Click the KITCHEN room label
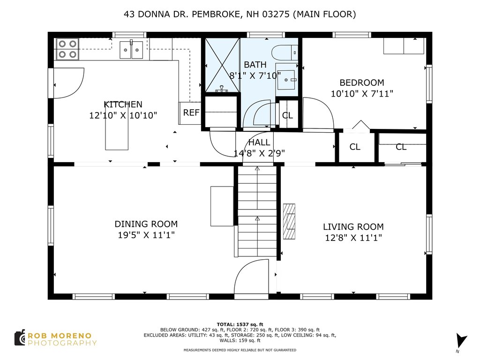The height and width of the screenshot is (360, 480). (123, 105)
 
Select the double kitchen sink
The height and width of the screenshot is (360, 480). (131, 50)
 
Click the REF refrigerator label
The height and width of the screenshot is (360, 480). (191, 112)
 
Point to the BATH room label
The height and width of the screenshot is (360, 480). (255, 65)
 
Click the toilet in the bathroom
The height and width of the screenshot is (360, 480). (285, 52)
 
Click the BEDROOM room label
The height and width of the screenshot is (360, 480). (362, 82)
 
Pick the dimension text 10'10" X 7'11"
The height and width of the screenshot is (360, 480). (362, 94)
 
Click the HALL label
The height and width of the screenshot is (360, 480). (259, 142)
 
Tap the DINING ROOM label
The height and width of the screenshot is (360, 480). (146, 224)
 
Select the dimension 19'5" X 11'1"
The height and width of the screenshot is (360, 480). (146, 235)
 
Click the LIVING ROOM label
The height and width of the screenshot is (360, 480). (353, 227)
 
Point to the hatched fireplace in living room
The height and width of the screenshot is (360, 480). (289, 221)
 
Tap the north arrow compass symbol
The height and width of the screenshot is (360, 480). (461, 341)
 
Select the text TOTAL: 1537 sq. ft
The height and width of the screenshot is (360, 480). (240, 324)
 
